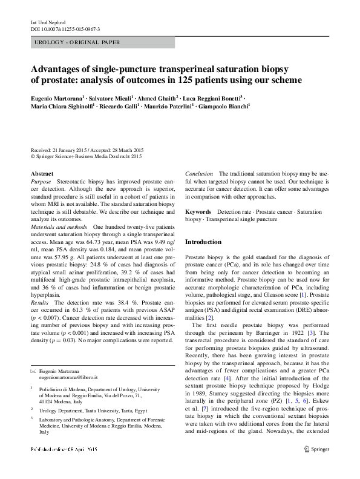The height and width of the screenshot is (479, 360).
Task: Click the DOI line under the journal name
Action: tap(65, 29)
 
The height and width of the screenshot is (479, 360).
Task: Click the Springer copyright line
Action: tap(85, 156)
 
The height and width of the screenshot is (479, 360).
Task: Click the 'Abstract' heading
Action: tap(42, 174)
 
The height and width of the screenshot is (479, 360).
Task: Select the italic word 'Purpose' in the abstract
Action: tap(41, 182)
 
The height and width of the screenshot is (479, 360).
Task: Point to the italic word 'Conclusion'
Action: tap(199, 174)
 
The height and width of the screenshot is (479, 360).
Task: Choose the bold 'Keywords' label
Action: tap(198, 212)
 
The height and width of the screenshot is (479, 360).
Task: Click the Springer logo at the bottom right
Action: tap(316, 466)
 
